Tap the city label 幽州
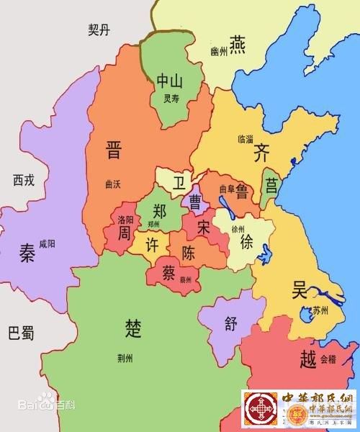click(x=219, y=52)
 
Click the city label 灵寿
click(x=171, y=99)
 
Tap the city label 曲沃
click(x=112, y=184)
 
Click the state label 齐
click(x=261, y=152)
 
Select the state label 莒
click(x=271, y=186)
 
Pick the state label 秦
click(x=27, y=253)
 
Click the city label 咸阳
click(x=47, y=243)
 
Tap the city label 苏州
click(x=318, y=311)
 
